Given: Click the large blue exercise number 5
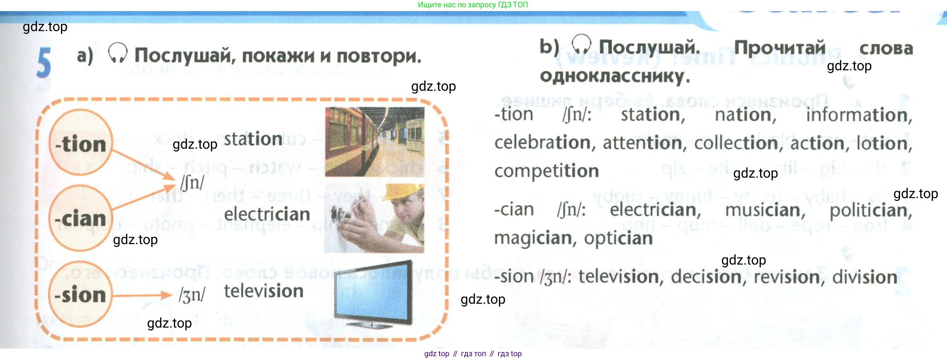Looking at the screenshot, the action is coord(44,63).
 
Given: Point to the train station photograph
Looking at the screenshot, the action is coord(374,142).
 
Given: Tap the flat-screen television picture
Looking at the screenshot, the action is coord(374,294).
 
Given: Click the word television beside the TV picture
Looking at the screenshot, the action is coord(264,291).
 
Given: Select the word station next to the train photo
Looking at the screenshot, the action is coord(253,139).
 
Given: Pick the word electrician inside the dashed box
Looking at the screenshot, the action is coord(267,214).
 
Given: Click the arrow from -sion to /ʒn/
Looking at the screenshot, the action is coord(143,295).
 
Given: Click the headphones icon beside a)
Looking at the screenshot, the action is coord(118,53).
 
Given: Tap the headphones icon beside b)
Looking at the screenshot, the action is coord(581,44).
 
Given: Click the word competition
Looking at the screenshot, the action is coord(547,171).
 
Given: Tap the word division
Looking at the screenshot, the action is coord(865,277).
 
